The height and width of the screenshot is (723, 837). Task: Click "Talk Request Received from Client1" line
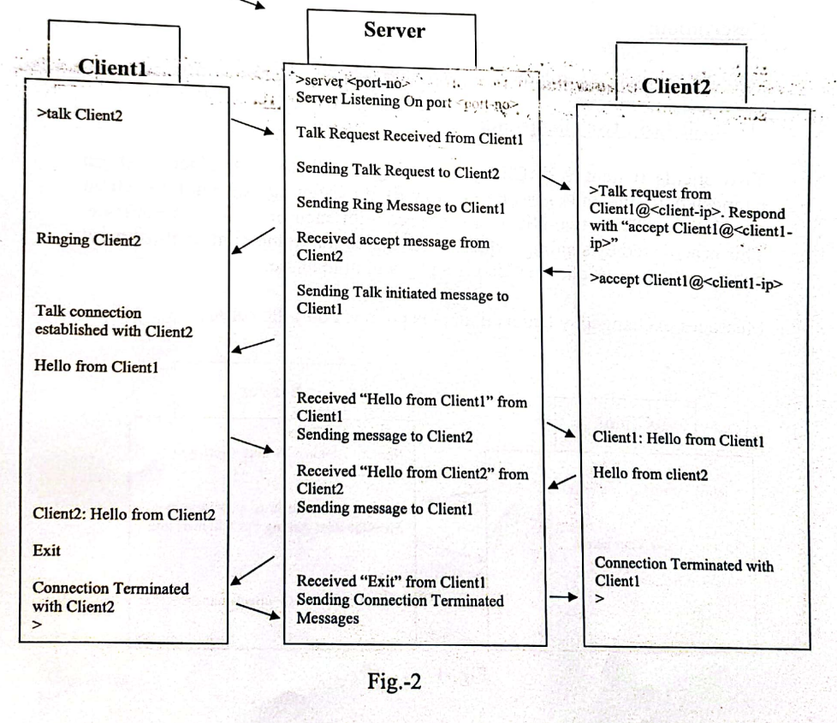[x=409, y=133]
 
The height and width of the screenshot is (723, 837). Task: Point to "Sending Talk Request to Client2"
[x=398, y=173]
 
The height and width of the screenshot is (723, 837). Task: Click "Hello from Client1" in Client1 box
[x=88, y=365]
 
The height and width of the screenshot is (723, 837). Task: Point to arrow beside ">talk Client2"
[x=257, y=128]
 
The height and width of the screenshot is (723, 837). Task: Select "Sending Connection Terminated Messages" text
[x=398, y=609]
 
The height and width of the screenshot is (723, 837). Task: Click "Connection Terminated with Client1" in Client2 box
[x=682, y=572]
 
